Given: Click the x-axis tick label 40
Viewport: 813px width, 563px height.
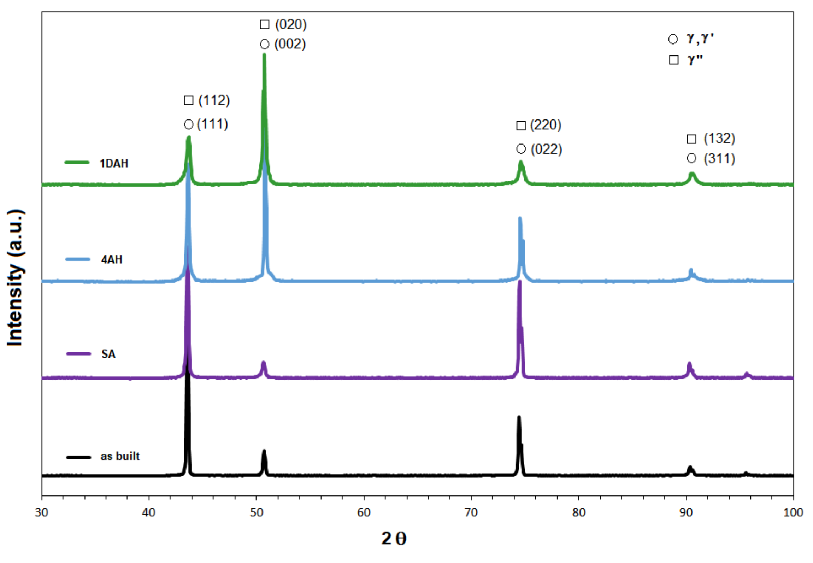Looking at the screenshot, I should click(148, 512).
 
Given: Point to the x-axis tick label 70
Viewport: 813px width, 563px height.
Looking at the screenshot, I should click(471, 512).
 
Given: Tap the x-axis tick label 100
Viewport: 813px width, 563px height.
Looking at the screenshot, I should click(793, 512).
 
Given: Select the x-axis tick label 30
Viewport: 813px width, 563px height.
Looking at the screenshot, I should click(41, 512).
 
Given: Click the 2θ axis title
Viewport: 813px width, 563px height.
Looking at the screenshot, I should click(394, 539).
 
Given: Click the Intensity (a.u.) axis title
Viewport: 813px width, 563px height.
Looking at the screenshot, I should click(15, 278).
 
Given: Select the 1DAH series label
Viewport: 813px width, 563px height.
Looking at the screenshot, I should click(114, 163).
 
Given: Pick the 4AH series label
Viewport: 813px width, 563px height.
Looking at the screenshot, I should click(112, 259).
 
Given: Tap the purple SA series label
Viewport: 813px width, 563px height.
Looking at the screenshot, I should click(108, 354).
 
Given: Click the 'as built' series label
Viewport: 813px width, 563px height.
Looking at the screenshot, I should click(120, 456).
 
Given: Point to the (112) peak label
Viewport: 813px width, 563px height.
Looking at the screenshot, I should click(214, 100).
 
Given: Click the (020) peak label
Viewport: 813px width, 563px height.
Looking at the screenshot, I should click(290, 24).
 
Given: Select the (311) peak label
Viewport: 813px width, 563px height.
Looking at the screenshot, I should click(719, 158).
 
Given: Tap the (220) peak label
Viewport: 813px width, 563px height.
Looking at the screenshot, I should click(546, 125).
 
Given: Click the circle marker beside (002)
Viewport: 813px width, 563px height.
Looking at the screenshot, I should click(264, 44).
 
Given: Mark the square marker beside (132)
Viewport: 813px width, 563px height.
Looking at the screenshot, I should click(691, 139).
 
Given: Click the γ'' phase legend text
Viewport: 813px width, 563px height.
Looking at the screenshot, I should click(695, 60).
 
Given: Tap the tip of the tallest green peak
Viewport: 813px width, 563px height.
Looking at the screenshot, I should click(264, 55).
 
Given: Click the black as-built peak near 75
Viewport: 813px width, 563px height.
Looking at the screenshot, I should click(519, 418).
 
